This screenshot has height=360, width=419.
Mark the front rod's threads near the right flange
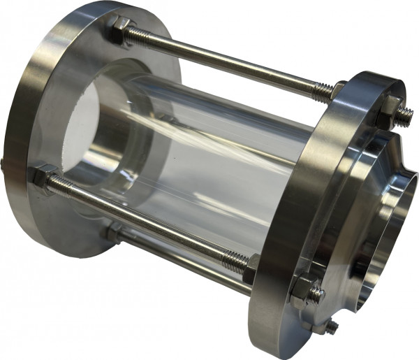(x=233, y=258)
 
